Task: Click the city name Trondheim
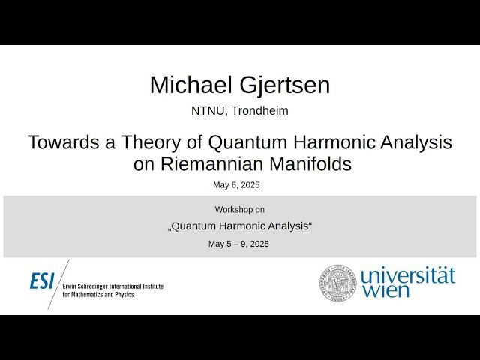point(260,111)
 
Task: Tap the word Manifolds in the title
point(312,164)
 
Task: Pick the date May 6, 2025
point(236,185)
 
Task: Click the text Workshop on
point(240,210)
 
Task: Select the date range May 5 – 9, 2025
point(238,244)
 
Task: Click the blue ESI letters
point(42,281)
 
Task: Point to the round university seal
point(337,283)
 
